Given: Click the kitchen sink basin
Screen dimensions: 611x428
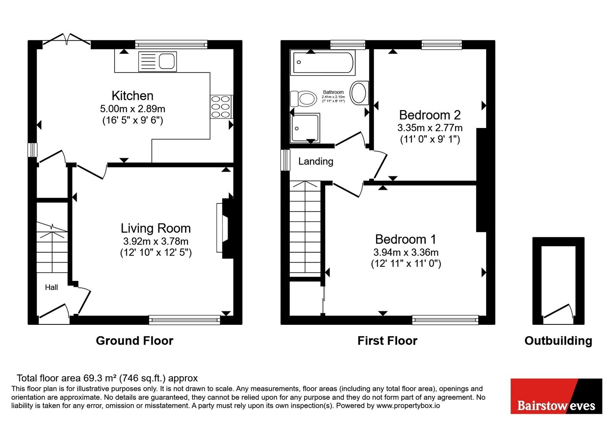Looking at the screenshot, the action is point(166,62).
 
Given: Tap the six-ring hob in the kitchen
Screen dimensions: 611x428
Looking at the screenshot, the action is point(221,107).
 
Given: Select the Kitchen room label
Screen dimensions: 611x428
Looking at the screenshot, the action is point(133,96).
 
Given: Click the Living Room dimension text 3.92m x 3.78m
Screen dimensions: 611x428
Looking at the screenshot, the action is point(156,241).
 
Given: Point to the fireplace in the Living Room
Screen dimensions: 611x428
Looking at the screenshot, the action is point(225,228).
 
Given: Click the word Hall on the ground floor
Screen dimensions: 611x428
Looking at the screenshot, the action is point(52,287).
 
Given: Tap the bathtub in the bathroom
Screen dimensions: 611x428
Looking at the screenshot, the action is point(323,63).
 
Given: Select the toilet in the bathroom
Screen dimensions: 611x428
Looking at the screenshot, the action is point(303,99).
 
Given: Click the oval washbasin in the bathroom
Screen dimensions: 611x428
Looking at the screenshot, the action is point(359,93).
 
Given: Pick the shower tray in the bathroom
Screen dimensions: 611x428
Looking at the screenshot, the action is point(305,128).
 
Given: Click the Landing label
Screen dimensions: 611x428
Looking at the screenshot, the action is point(315,161).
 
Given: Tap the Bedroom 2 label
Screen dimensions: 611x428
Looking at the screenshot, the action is point(430,115).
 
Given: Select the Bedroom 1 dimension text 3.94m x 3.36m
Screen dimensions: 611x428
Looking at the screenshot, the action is point(406,252).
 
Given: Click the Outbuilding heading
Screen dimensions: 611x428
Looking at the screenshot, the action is point(558,340).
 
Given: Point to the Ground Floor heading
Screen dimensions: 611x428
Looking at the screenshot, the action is point(134,340).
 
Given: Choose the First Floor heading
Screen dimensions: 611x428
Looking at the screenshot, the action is point(387,340).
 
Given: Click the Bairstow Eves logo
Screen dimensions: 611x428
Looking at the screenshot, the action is point(556,396).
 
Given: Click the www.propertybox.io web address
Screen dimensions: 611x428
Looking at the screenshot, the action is point(408,405).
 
